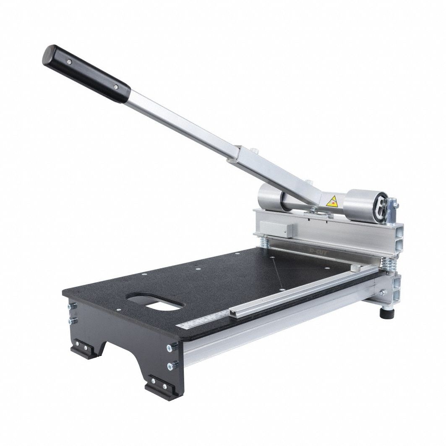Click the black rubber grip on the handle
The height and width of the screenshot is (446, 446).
(86, 74)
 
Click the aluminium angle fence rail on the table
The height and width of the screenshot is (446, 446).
(294, 289)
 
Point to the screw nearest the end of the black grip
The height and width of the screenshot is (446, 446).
(68, 62)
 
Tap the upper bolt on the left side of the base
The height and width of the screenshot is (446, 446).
(70, 306)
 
